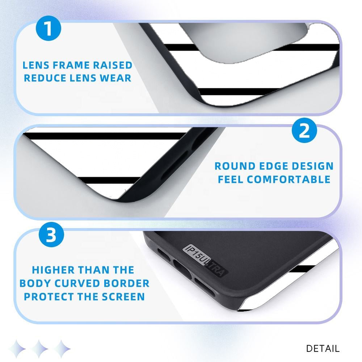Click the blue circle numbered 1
(x=49, y=28)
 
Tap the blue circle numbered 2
(x=304, y=130)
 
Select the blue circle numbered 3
(x=51, y=235)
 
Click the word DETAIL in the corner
(x=323, y=348)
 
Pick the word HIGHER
(x=53, y=270)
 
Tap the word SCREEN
(x=123, y=297)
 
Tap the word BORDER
(x=126, y=283)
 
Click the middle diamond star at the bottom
(x=39, y=349)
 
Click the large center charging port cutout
(x=182, y=268)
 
